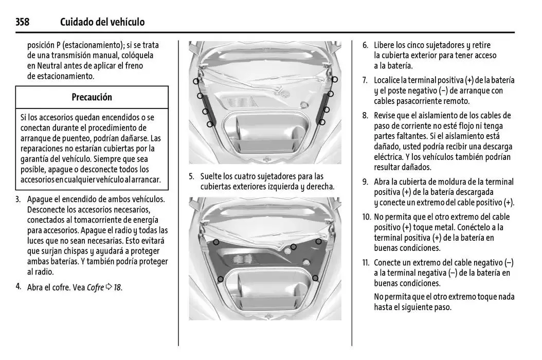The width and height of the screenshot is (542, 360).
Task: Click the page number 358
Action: (22, 22)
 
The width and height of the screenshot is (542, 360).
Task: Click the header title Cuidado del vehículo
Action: (102, 22)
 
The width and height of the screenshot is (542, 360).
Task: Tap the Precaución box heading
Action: (92, 97)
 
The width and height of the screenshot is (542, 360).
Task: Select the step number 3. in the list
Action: (19, 199)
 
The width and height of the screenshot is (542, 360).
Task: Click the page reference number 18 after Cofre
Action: (117, 287)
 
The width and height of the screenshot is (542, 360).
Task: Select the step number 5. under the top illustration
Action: (191, 176)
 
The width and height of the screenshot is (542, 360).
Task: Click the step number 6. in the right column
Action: (365, 45)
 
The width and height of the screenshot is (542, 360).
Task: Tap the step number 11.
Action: (366, 263)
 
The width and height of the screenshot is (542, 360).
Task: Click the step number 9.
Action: (365, 182)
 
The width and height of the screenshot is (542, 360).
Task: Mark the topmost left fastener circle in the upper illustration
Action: (196, 81)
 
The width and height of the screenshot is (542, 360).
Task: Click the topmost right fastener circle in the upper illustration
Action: (335, 79)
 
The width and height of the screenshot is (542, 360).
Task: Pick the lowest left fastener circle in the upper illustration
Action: (210, 124)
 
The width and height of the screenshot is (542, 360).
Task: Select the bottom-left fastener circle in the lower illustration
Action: (220, 279)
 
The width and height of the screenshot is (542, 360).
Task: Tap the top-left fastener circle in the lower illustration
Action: (216, 242)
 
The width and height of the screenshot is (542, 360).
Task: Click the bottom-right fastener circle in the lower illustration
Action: (315, 278)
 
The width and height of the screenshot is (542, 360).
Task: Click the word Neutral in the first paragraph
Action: (48, 66)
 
